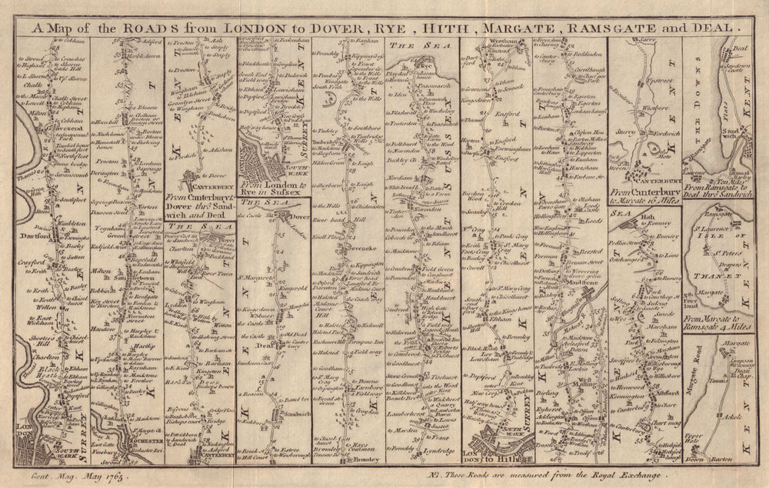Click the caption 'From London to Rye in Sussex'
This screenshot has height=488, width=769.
pos(273,189)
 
